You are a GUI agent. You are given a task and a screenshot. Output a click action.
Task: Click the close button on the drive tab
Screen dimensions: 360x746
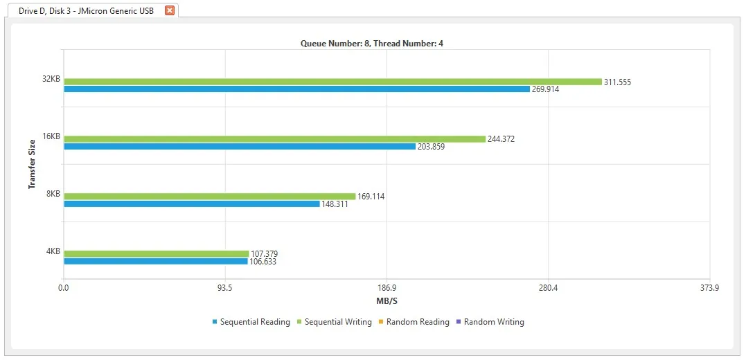pyautogui.click(x=170, y=10)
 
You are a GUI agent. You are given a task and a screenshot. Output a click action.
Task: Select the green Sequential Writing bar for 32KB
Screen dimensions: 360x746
pyautogui.click(x=332, y=82)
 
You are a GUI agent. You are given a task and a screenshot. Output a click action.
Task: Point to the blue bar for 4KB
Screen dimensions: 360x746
pyautogui.click(x=155, y=262)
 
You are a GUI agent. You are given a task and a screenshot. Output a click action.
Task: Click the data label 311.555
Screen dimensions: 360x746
pyautogui.click(x=617, y=82)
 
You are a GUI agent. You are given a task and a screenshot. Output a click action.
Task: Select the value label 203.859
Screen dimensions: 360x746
pyautogui.click(x=431, y=147)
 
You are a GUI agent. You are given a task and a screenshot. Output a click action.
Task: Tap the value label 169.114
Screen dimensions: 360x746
pyautogui.click(x=371, y=197)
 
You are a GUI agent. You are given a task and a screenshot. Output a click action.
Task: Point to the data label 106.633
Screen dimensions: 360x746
pyautogui.click(x=263, y=262)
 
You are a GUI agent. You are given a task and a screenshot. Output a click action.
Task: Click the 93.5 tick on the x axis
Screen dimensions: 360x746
pyautogui.click(x=224, y=288)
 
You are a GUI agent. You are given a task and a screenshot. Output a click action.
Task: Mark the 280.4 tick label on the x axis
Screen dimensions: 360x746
pyautogui.click(x=548, y=288)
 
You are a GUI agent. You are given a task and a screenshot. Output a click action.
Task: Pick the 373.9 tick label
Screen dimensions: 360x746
pyautogui.click(x=709, y=288)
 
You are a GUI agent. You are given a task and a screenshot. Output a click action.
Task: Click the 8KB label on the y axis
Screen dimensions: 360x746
pyautogui.click(x=53, y=194)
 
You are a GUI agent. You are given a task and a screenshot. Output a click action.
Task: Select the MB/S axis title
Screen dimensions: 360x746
pyautogui.click(x=387, y=301)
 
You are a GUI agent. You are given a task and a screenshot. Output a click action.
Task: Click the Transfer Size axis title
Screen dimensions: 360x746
pyautogui.click(x=32, y=163)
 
